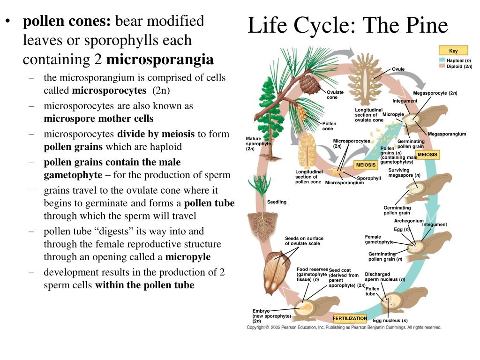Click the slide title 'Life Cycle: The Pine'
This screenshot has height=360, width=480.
347,25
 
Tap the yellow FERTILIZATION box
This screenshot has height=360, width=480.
350,318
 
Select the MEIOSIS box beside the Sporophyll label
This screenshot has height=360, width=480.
366,165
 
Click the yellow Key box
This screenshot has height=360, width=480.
453,51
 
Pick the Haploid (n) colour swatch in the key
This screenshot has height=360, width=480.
442,60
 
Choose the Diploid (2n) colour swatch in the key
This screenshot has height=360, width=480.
442,66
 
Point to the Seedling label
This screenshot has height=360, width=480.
277,202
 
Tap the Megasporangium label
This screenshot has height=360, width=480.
447,134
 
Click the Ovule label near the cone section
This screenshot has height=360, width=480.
398,69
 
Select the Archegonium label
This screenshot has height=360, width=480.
409,221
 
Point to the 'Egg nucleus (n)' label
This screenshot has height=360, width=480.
390,321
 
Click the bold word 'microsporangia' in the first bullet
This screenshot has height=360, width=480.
159,60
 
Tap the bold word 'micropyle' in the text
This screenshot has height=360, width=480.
187,257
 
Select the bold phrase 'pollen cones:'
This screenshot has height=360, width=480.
67,22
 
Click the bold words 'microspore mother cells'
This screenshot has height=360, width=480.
98,119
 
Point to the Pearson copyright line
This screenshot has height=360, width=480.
344,327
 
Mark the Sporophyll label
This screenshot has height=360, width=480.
368,178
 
